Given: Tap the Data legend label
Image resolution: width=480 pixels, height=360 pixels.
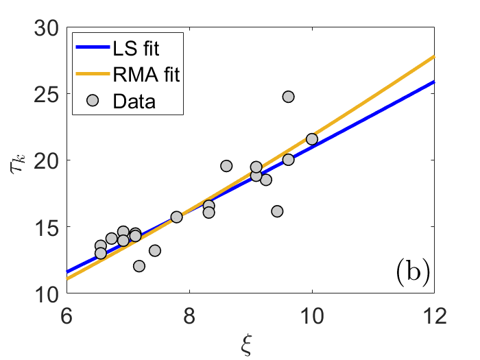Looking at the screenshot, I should point(134,102).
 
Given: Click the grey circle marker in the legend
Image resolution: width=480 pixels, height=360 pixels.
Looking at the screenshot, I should point(94,102).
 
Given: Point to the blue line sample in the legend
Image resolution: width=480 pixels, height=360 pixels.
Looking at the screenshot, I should point(94,49).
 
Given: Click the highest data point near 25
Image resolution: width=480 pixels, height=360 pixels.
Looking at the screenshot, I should point(288,97).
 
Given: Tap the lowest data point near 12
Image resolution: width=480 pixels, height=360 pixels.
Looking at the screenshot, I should point(139,266).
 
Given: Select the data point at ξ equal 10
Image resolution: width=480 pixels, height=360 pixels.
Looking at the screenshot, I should point(312,139).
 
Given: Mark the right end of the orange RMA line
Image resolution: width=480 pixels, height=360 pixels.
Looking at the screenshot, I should point(433,56).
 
